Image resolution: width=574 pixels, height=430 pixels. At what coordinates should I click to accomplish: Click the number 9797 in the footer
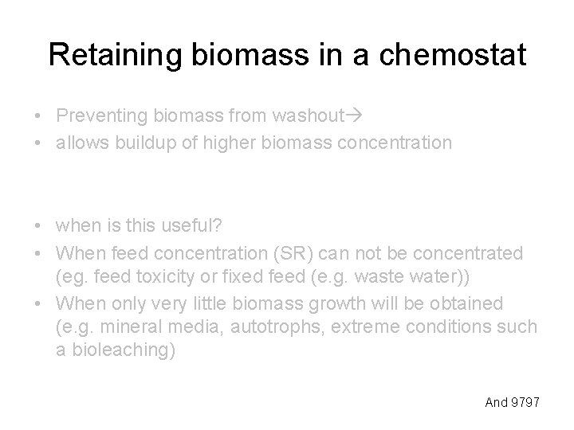point(525,402)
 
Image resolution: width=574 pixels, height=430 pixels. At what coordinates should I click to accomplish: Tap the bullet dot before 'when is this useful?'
point(38,227)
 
